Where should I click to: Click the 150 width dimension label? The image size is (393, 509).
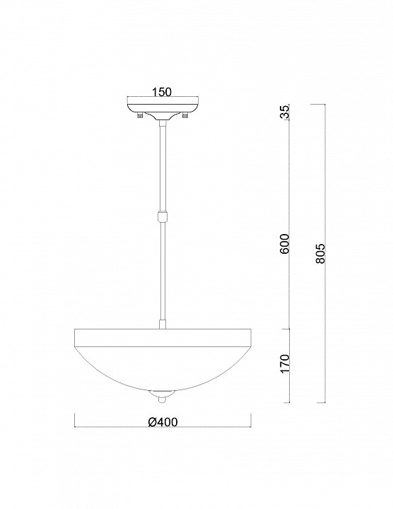(162, 92)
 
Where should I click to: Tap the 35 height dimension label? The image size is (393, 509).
(284, 112)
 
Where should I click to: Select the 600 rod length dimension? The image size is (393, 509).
(284, 243)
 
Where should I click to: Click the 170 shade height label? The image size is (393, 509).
(285, 363)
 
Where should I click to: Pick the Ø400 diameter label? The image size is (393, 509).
(163, 422)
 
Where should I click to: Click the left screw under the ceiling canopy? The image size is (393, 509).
(140, 115)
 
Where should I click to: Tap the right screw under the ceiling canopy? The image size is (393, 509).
(185, 115)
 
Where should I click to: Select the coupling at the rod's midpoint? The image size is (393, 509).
(163, 216)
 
